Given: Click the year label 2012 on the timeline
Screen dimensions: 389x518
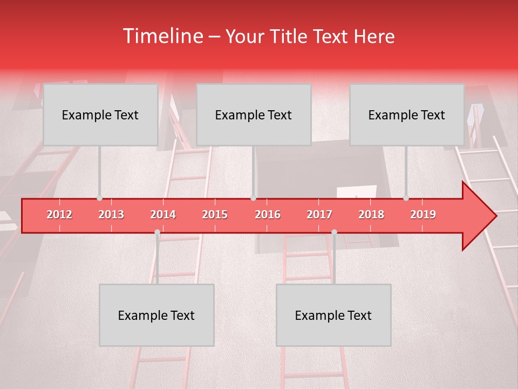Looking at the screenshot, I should (59, 214).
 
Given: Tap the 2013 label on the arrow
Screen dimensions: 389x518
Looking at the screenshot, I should (111, 214).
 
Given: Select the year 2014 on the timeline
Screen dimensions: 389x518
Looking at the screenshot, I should (163, 214).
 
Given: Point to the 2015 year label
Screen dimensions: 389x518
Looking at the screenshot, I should (215, 214).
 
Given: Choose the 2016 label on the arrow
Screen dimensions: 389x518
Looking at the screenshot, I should (268, 214).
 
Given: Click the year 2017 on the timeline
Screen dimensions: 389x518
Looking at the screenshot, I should (319, 214).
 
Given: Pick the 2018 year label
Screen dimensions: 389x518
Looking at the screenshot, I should (371, 214).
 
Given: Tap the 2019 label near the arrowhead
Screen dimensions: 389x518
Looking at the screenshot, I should (423, 214).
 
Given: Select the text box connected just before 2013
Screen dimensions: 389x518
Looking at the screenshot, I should (100, 115).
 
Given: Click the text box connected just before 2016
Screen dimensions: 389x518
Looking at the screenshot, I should (254, 115).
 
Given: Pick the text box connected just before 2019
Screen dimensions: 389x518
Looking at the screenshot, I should (407, 115).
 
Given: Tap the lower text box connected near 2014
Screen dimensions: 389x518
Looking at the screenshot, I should (156, 315).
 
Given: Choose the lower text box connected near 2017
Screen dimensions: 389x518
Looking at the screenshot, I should (333, 315).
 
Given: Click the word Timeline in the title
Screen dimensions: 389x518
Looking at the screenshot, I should (162, 36).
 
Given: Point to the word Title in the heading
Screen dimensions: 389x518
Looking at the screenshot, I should (292, 36).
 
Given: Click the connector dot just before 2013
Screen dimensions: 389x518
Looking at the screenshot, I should (100, 198).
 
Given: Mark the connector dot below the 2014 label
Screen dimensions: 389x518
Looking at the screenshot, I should (157, 232).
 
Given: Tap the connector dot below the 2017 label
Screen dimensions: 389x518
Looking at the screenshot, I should (334, 232).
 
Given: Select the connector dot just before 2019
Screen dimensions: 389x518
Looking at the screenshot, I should (406, 198).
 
